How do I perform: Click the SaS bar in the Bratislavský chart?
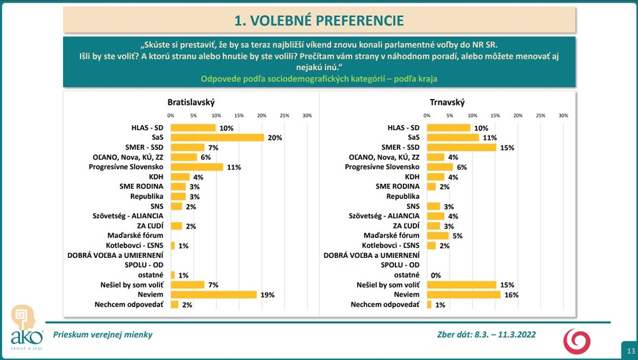coord(217,137)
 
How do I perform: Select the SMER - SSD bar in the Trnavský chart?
coord(461,147)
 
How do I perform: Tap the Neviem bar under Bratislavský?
coord(214,295)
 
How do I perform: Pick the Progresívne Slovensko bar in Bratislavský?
coord(197,167)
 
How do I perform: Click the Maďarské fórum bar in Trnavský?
coord(438,236)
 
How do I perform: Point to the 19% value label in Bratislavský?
coord(267,295)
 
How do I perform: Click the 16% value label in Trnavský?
coord(511,295)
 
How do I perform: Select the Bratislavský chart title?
coord(191,102)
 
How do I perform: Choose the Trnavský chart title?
coord(447,102)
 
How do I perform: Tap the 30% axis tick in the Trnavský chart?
coord(563,116)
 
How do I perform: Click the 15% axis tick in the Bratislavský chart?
coord(239,116)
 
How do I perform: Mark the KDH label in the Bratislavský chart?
coord(156,177)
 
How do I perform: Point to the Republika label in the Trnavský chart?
coord(403,197)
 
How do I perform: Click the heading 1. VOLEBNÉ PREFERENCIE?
coord(319,20)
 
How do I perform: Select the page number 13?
coord(630,351)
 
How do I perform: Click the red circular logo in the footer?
coord(576,341)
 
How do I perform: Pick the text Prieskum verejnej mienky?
coord(103,334)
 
